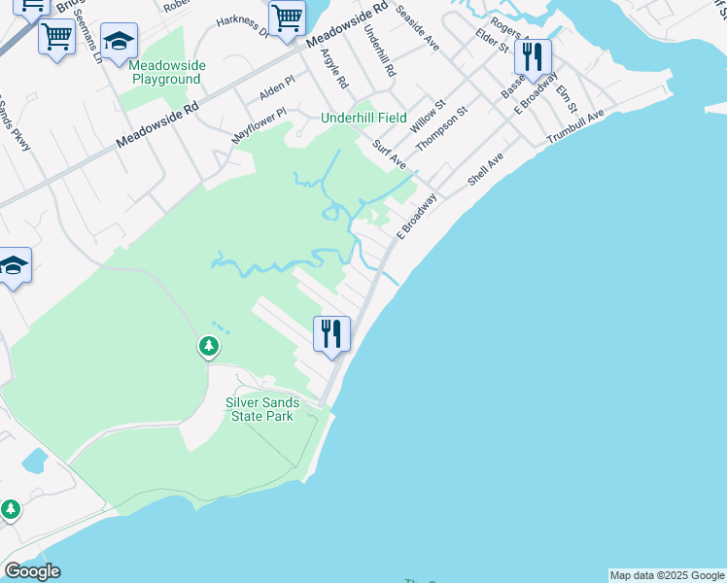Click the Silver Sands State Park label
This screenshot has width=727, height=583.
262,409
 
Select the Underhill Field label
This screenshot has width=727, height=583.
364,118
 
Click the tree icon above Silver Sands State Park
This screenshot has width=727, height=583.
208,345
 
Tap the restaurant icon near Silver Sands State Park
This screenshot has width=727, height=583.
330,334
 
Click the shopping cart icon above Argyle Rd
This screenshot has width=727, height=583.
287,17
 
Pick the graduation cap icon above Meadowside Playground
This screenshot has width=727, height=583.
119,41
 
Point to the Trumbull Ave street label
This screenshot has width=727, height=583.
575,127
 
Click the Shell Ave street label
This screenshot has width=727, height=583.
485,170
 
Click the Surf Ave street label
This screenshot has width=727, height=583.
390,154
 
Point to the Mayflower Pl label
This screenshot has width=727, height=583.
259,126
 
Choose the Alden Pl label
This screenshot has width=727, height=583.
276,91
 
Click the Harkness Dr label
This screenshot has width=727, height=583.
242,23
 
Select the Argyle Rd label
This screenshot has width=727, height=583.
333,67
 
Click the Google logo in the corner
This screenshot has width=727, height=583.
32,571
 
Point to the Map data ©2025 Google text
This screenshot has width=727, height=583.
667,575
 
